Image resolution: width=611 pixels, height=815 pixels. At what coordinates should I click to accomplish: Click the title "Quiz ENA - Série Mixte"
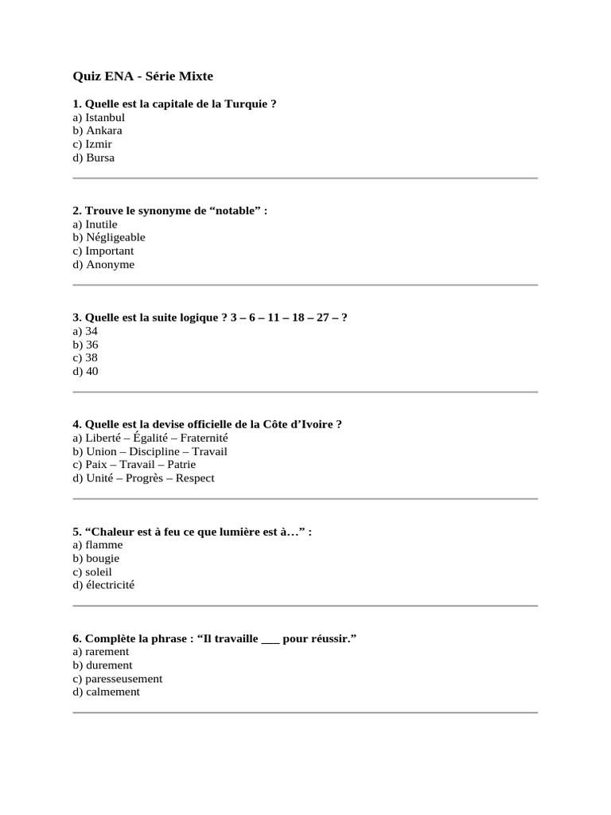click(x=143, y=76)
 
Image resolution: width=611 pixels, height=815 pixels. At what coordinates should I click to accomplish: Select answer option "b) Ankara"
click(x=97, y=131)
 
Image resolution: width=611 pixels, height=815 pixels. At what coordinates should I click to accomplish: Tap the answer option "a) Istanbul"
click(x=99, y=118)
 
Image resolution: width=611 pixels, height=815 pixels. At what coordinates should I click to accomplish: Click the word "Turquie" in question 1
click(x=247, y=104)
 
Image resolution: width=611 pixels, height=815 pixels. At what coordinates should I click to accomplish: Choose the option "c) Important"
click(x=103, y=251)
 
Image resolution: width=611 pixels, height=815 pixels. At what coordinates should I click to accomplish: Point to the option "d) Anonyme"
click(x=103, y=264)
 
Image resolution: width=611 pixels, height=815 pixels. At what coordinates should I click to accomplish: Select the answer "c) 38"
click(x=85, y=358)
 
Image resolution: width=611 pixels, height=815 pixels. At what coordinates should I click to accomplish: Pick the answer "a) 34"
click(x=85, y=331)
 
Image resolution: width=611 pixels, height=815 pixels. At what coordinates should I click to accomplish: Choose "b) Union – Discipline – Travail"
click(x=150, y=451)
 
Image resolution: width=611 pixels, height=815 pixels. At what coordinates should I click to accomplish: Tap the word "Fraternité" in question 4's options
click(x=204, y=438)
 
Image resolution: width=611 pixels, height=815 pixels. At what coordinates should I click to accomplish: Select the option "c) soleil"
click(x=92, y=572)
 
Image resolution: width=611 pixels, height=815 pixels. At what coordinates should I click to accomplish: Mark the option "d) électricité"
click(x=103, y=585)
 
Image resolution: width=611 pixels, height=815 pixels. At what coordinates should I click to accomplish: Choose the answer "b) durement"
click(x=103, y=665)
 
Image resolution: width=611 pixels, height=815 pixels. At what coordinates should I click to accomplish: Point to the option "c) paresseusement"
click(x=117, y=679)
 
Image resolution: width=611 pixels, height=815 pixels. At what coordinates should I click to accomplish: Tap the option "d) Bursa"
click(x=94, y=158)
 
